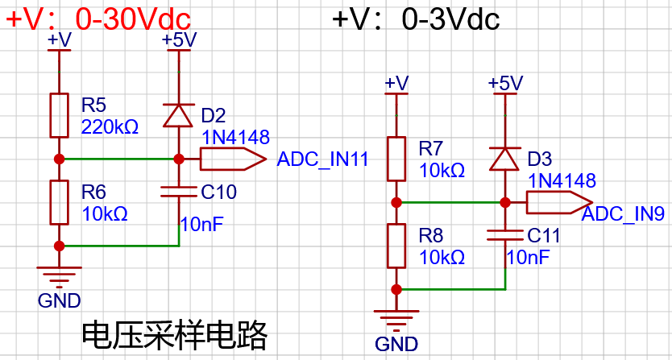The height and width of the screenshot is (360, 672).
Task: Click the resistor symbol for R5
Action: tap(59, 115)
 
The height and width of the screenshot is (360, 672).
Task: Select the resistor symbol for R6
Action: tap(59, 202)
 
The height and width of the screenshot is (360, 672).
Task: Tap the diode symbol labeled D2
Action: tap(178, 116)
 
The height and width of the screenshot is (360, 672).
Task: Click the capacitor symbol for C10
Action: tap(179, 192)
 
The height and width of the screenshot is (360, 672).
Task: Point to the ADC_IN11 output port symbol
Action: tap(233, 159)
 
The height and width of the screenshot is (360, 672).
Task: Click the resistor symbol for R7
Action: tap(396, 159)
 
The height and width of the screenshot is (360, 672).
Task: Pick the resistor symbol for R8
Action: tap(396, 246)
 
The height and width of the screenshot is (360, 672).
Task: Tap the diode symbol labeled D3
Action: tap(505, 159)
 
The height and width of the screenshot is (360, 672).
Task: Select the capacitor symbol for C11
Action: tap(506, 235)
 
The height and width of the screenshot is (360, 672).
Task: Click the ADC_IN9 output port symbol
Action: tap(560, 202)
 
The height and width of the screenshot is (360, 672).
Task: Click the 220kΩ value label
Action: tap(110, 127)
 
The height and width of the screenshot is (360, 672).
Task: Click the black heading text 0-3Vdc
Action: tap(451, 19)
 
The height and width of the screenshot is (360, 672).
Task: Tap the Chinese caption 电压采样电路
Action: tap(175, 336)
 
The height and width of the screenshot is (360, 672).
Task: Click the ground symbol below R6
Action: tap(59, 276)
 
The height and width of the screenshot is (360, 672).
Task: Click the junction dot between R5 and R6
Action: tap(59, 159)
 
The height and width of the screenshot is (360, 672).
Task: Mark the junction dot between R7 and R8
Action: tap(396, 202)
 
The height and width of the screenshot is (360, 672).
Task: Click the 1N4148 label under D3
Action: tap(562, 180)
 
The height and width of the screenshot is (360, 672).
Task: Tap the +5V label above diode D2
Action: tap(179, 39)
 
